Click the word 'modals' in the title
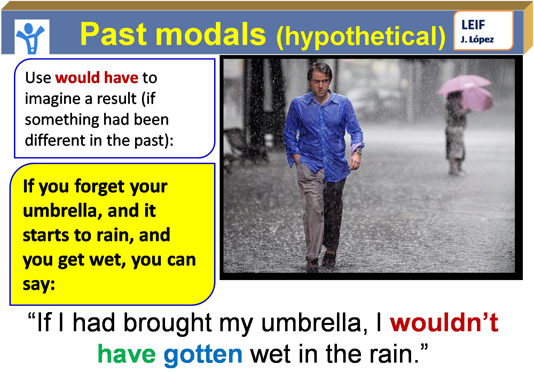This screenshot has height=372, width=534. [211, 34]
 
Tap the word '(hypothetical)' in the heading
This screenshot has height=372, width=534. [361, 36]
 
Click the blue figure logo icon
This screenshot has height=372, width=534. [32, 37]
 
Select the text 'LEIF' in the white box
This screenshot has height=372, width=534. [473, 25]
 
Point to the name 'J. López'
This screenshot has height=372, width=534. [477, 39]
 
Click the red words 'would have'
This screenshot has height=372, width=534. [96, 77]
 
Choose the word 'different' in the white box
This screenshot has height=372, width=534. [55, 140]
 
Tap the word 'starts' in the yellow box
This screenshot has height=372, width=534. [45, 235]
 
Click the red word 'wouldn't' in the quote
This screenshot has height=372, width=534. [444, 322]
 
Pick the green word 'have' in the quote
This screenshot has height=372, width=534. [127, 354]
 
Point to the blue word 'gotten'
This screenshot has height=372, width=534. [203, 354]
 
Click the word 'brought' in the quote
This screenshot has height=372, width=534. [167, 323]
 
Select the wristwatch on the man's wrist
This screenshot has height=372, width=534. [358, 152]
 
